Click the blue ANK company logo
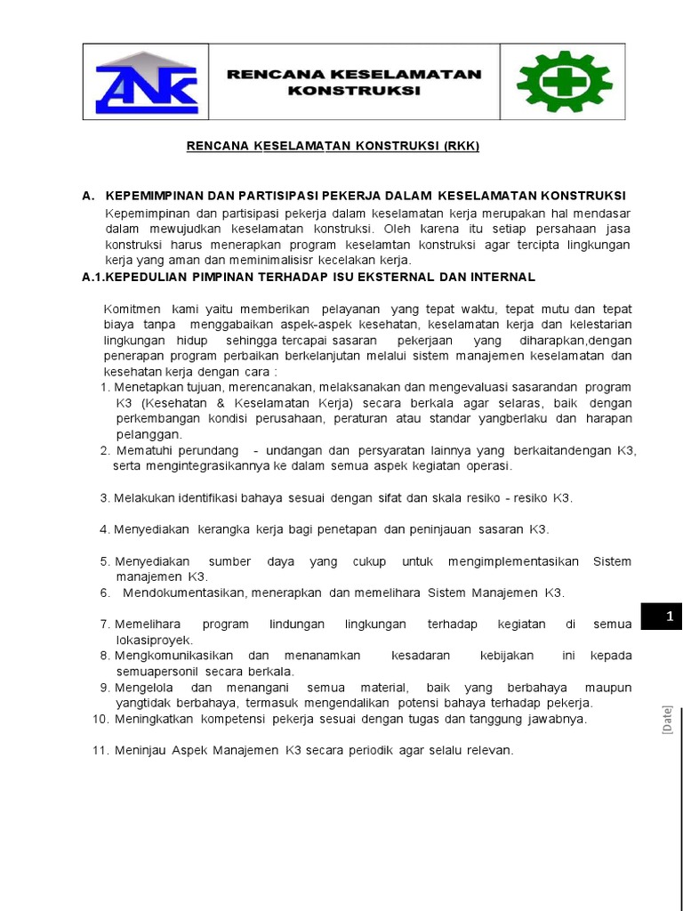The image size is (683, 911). coord(146,82)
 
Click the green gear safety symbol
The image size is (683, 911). coord(564,82)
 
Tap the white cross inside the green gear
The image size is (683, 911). coord(564,83)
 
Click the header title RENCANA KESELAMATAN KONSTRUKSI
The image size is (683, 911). coord(354,82)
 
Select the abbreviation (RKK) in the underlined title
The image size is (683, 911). coord(461,147)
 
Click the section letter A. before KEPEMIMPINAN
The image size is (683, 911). coord(88,196)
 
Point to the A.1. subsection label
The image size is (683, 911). coord(93,277)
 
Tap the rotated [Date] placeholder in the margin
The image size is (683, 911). coord(665,719)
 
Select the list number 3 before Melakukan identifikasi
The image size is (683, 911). coord(104,498)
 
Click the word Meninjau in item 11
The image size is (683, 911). coord(139,751)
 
